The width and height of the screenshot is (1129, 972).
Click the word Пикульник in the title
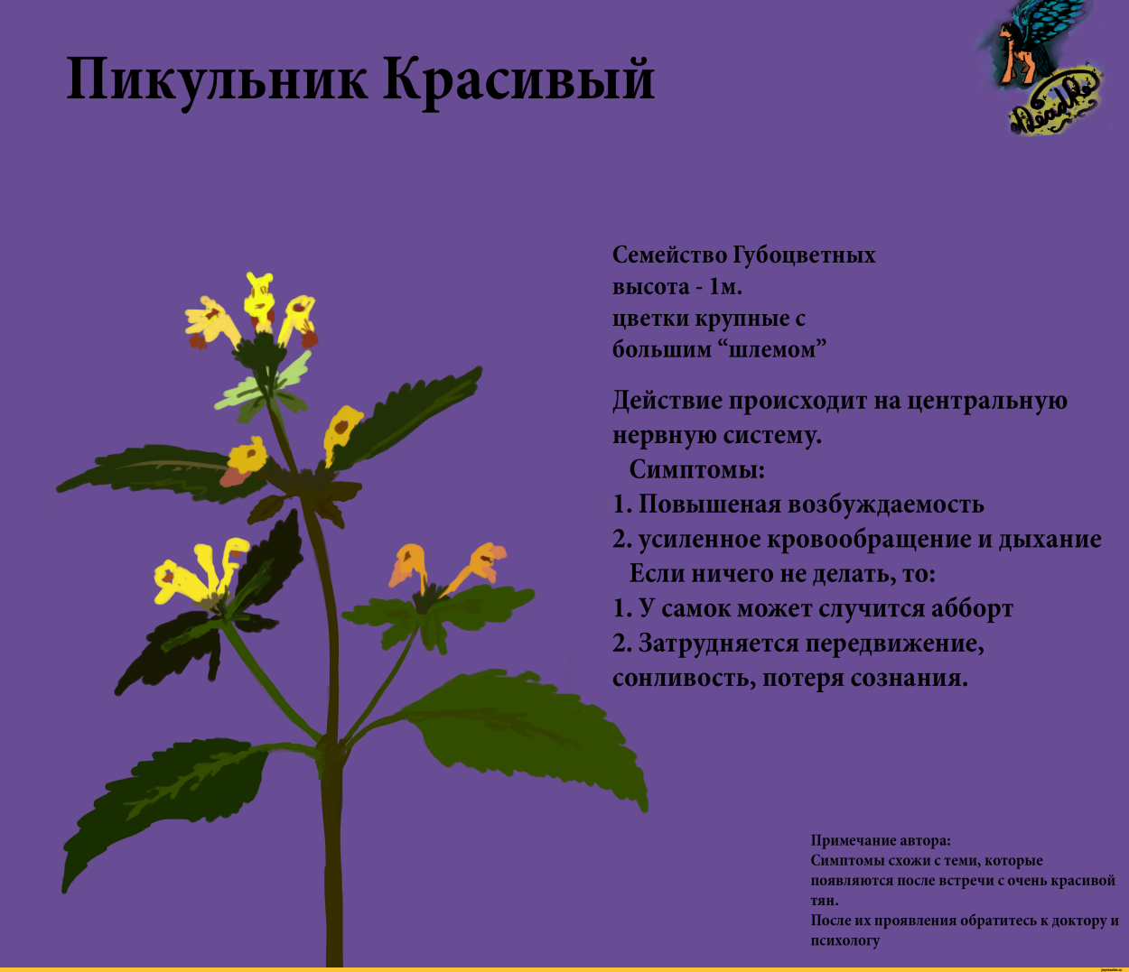pos(217,79)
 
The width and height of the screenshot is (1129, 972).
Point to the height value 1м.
pos(725,287)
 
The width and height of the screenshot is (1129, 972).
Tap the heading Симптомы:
pos(696,470)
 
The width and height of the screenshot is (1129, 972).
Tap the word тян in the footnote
pos(824,901)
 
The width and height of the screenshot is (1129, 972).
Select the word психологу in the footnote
pos(844,940)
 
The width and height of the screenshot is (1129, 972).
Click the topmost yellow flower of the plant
pos(260,302)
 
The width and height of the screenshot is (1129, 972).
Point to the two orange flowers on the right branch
pos(447,567)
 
